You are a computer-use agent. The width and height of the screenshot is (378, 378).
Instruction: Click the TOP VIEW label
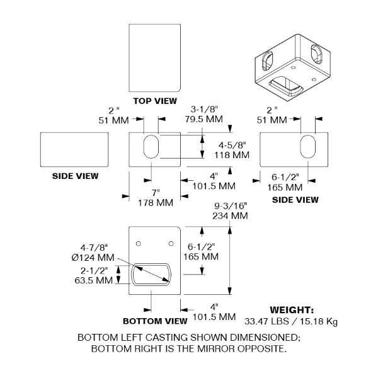[x=155, y=101]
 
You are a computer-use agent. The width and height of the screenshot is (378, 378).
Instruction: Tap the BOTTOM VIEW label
[x=155, y=321]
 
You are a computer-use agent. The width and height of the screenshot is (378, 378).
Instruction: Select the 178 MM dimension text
[x=156, y=203]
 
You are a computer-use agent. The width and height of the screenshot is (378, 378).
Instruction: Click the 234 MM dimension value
[x=230, y=215]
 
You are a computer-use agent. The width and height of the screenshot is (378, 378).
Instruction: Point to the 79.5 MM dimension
[x=204, y=119]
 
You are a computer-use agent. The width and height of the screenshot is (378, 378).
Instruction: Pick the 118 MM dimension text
[x=232, y=155]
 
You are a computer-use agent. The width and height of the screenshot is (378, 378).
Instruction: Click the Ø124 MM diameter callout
[x=93, y=258]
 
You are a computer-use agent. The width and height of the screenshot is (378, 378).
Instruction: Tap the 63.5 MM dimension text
[x=94, y=280]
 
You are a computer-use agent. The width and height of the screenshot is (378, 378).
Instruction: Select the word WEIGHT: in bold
[x=292, y=310]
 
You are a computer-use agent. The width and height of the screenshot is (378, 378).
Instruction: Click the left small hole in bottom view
[x=139, y=244]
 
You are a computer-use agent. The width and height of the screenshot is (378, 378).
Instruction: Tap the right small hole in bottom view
[x=171, y=244]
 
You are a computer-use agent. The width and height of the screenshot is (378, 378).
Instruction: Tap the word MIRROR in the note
[x=215, y=349]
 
